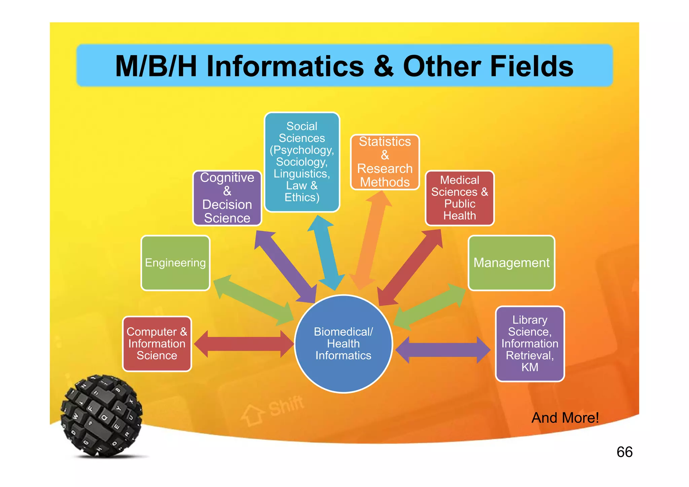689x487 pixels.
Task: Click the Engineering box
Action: (x=175, y=263)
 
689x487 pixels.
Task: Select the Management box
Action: (x=511, y=263)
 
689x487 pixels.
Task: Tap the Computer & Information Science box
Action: (x=157, y=344)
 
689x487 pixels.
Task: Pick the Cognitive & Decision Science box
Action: (x=227, y=198)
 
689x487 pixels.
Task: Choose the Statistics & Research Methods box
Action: (x=385, y=162)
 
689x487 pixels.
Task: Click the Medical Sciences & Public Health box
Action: (x=460, y=198)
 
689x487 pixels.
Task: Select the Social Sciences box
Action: (x=302, y=162)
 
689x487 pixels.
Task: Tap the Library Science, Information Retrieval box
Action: (x=530, y=344)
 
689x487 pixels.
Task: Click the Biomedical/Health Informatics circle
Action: (x=343, y=344)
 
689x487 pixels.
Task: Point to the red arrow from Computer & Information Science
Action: (x=244, y=344)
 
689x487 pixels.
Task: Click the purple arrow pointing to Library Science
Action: (x=443, y=350)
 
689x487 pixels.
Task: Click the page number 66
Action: (x=624, y=452)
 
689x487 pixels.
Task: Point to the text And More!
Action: (x=565, y=418)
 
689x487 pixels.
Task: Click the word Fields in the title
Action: (x=532, y=66)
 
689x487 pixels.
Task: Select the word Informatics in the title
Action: (x=285, y=66)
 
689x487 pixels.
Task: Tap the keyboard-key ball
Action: (x=101, y=416)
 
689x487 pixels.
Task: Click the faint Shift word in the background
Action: (x=286, y=406)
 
